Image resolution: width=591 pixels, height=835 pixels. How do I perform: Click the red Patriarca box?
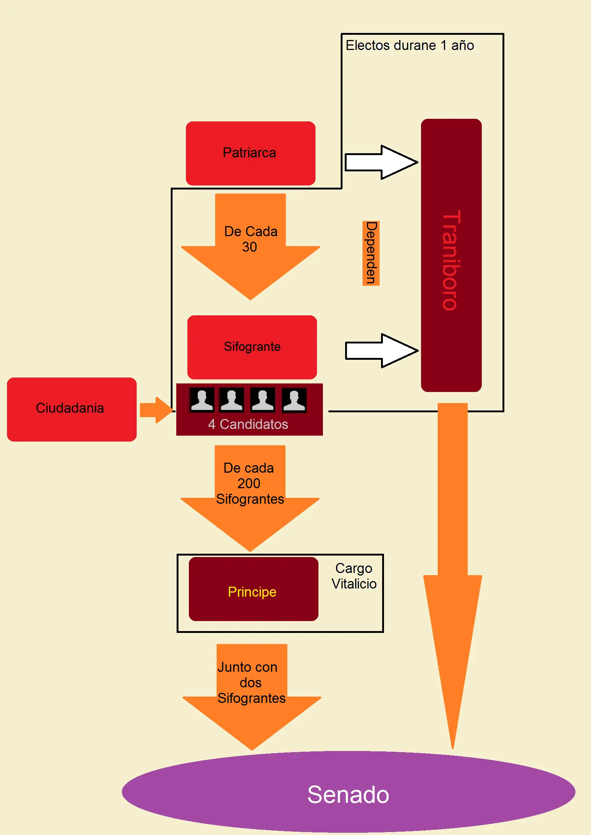point(250,153)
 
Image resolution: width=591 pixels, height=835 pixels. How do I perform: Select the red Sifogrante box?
point(252,347)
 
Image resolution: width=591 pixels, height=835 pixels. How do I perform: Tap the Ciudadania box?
point(71,409)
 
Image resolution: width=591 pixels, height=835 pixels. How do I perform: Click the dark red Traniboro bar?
point(451,255)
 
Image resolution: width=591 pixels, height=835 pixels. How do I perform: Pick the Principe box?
point(253,589)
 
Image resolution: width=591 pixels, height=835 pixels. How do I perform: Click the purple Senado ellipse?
point(348,792)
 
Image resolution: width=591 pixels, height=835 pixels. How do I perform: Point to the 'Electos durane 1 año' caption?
point(410,46)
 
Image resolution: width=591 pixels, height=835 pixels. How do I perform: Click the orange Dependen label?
point(371,253)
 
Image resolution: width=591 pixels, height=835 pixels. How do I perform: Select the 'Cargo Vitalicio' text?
point(354,576)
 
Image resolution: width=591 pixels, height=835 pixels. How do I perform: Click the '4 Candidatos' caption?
point(248,424)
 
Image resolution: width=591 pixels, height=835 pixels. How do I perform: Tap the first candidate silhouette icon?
point(202,400)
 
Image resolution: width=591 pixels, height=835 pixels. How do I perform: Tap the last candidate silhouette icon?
point(294,400)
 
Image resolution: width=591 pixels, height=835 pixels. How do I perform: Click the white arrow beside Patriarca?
point(381,162)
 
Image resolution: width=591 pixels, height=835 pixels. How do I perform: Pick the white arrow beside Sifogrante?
point(381,351)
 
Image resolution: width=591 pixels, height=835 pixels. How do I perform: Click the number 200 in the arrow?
point(249,483)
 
